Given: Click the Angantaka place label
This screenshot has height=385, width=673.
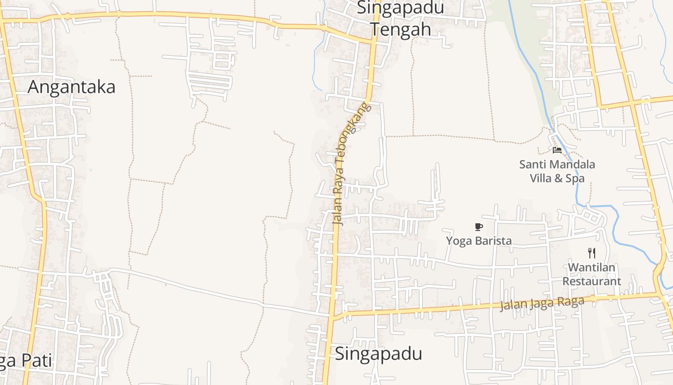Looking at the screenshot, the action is [x=71, y=87].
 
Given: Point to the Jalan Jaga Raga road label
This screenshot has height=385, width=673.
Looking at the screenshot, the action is [x=542, y=304].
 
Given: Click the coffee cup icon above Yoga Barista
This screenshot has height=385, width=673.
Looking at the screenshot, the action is [x=478, y=227].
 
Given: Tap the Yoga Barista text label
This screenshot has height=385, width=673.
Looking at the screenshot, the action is [x=479, y=241].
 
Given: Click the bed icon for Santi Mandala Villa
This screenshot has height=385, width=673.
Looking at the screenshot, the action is [x=557, y=150].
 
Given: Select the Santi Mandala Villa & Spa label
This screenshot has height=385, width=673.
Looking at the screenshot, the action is [x=557, y=171].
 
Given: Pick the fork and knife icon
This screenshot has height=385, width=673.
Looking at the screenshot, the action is [x=592, y=253].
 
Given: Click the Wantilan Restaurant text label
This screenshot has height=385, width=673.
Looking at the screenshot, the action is [x=592, y=274].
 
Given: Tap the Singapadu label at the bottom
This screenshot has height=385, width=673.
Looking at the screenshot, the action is [x=378, y=354].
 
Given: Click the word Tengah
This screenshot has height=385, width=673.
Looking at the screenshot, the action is [x=400, y=29].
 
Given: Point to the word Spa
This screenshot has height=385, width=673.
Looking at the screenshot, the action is [x=575, y=179].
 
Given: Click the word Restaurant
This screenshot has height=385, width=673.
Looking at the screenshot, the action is [x=592, y=282].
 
